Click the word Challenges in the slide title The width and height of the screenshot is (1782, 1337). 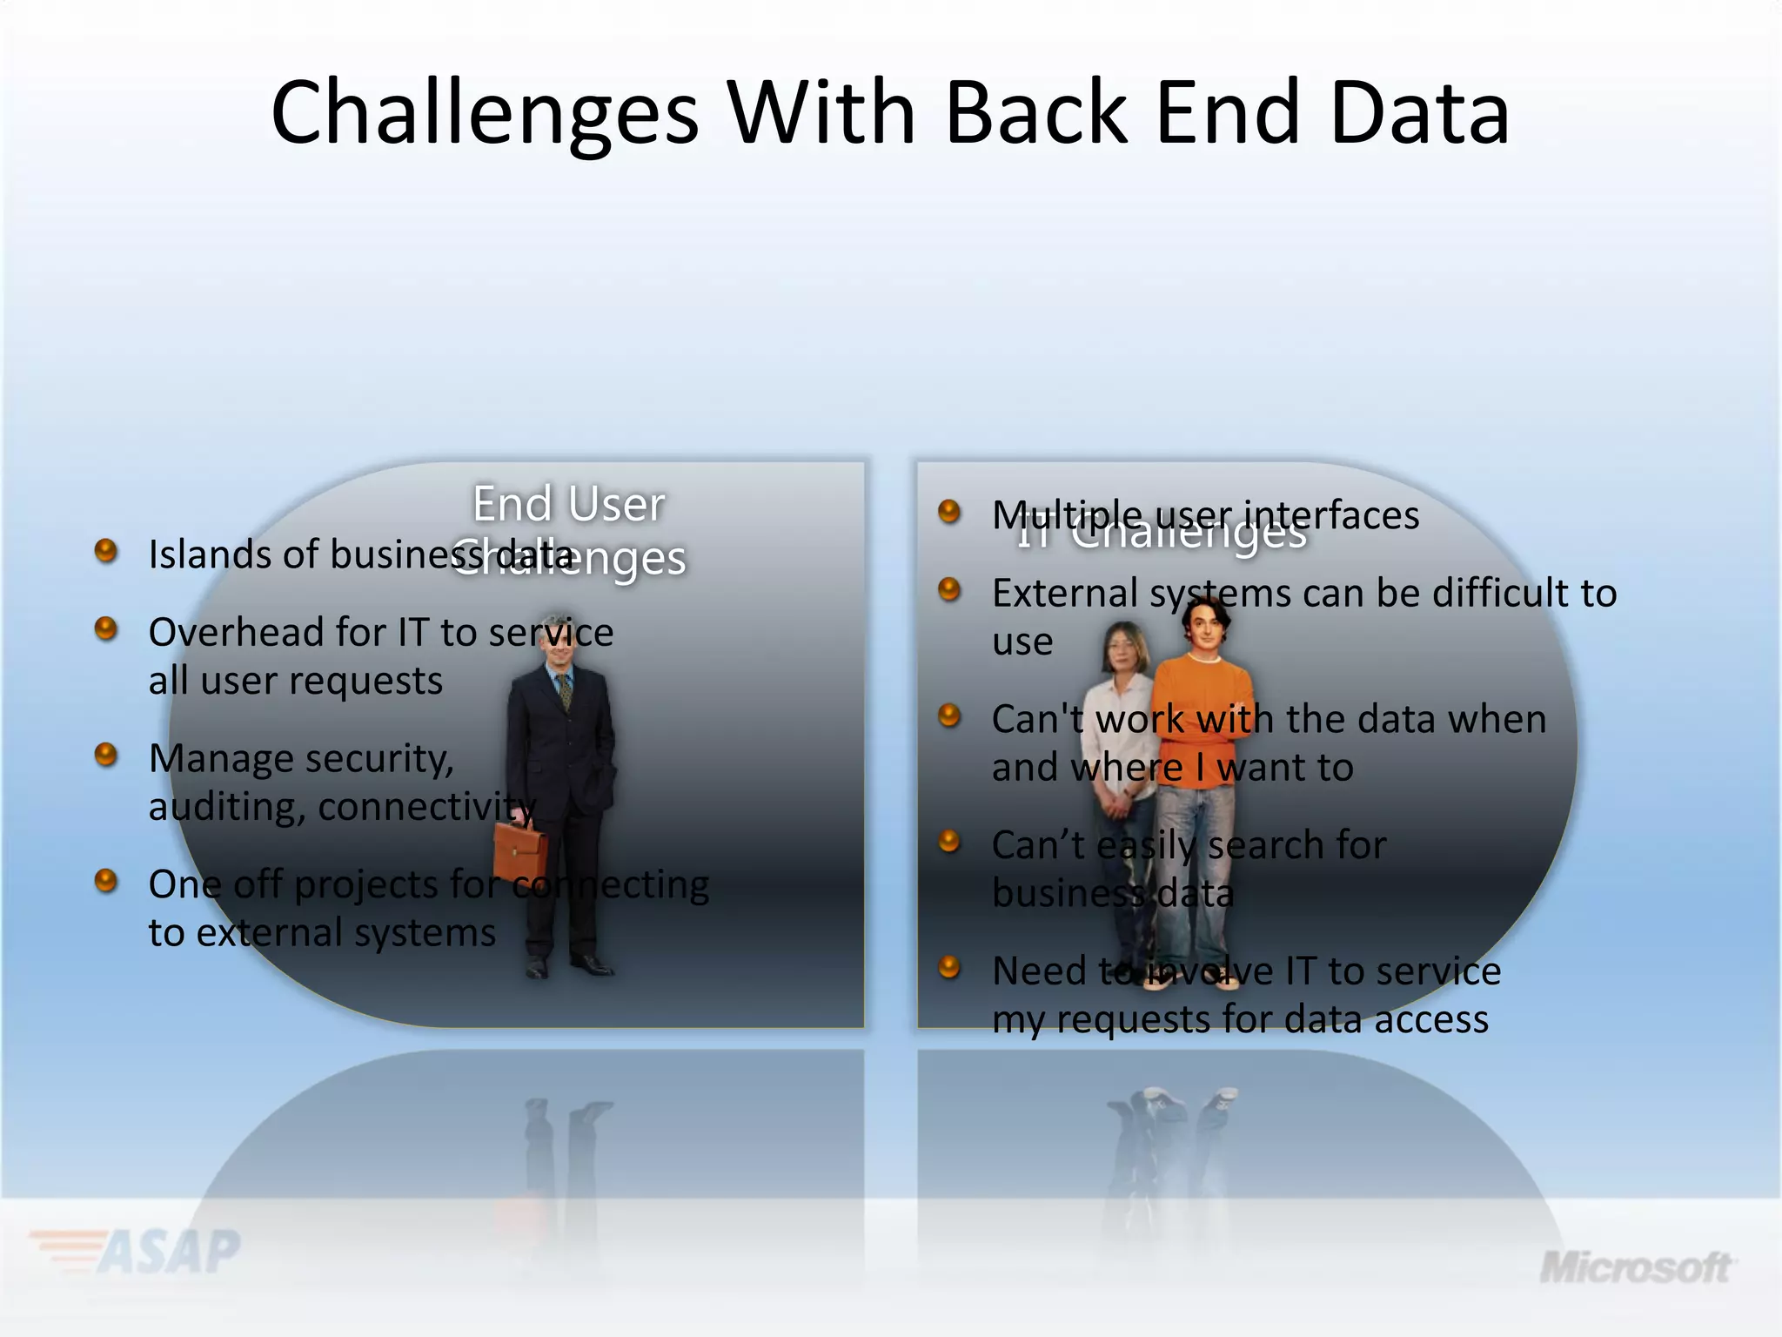[x=485, y=113]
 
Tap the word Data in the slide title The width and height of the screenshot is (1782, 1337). [x=1419, y=113]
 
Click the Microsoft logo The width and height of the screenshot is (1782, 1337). [x=1636, y=1267]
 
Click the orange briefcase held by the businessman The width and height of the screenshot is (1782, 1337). [x=519, y=850]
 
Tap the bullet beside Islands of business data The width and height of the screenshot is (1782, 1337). [x=106, y=551]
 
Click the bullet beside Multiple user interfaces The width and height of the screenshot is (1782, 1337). [x=949, y=511]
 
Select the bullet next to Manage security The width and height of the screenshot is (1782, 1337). [x=106, y=755]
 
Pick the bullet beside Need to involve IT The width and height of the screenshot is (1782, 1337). [x=949, y=967]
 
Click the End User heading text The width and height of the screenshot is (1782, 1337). [x=568, y=504]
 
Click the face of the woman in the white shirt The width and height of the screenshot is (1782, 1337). [x=1125, y=648]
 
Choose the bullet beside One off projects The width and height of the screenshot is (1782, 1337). [x=106, y=881]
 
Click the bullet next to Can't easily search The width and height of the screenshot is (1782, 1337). [x=949, y=842]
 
